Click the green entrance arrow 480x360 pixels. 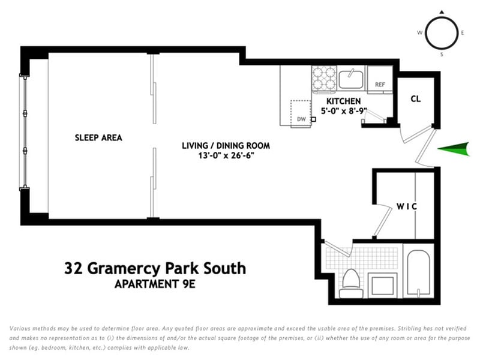click(454, 149)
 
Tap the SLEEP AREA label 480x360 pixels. click(98, 138)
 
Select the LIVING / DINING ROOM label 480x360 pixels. click(226, 145)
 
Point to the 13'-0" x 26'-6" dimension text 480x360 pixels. click(226, 155)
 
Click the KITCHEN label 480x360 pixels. click(343, 101)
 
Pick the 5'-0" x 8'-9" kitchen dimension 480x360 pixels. click(344, 111)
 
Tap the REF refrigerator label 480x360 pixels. click(380, 85)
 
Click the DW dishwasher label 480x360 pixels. click(302, 119)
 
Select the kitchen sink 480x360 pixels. click(351, 79)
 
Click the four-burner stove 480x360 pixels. click(324, 79)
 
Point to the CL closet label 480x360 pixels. click(416, 99)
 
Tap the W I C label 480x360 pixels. click(407, 206)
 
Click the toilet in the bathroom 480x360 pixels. click(351, 283)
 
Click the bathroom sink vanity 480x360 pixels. click(383, 285)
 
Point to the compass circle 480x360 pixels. click(442, 19)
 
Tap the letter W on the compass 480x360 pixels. click(419, 33)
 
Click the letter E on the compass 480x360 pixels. click(462, 33)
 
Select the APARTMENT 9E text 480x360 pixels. click(155, 284)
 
